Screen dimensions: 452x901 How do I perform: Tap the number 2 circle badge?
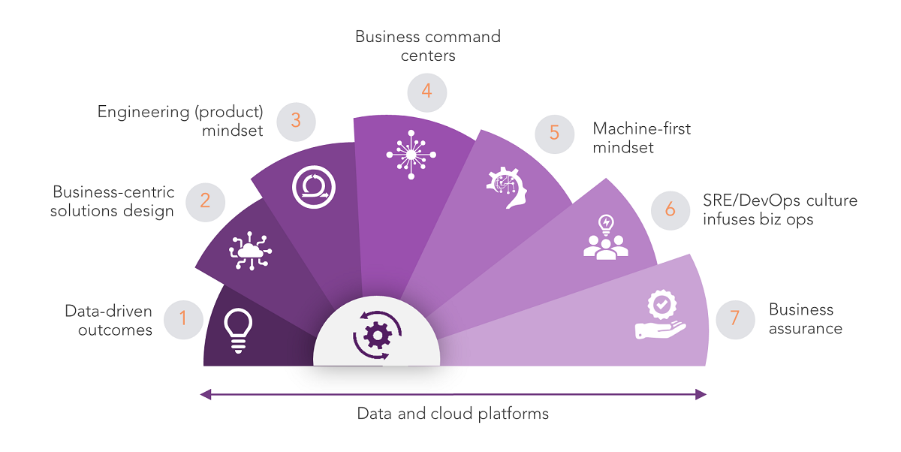(x=204, y=200)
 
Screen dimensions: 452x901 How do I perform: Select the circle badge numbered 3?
(x=296, y=121)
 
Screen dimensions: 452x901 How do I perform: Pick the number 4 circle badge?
(x=427, y=92)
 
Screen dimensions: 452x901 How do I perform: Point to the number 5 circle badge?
(x=554, y=133)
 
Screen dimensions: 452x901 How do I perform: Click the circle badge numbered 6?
(x=670, y=209)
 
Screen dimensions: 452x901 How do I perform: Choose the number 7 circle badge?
(x=735, y=318)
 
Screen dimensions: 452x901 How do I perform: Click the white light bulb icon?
(x=238, y=331)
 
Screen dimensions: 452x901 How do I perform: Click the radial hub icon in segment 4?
(x=411, y=154)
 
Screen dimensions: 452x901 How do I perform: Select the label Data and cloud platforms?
(x=452, y=414)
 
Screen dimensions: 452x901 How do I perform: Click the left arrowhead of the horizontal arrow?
(x=204, y=393)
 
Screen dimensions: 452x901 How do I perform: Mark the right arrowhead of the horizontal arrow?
(x=701, y=393)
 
